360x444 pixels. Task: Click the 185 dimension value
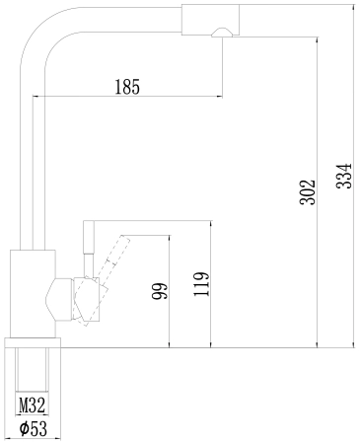pos(127,87)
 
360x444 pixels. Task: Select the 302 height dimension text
pos(308,191)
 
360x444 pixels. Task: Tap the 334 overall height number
pos(344,176)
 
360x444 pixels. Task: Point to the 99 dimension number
pos(160,291)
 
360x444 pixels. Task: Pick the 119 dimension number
pos(201,284)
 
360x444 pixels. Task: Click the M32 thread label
pos(32,405)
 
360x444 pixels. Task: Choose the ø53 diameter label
pos(33,428)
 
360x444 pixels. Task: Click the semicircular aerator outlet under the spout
pos(222,33)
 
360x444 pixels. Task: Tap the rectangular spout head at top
pos(210,20)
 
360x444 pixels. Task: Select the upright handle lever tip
pos(89,237)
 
